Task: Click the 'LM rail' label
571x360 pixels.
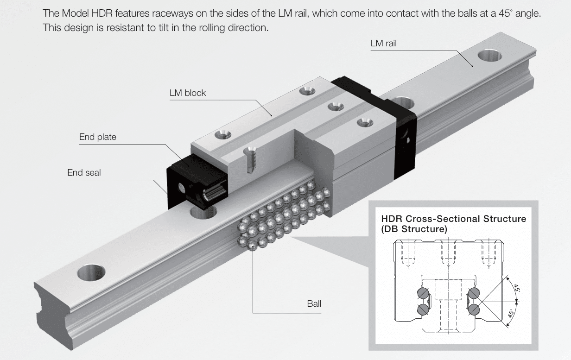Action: [383, 44]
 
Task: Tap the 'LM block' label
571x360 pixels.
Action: [188, 93]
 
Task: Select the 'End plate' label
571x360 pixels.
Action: [98, 137]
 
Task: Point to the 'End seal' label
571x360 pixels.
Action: [84, 173]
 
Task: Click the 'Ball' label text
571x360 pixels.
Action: [314, 303]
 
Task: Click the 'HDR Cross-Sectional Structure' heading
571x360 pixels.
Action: [454, 219]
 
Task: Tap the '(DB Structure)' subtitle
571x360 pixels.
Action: [414, 229]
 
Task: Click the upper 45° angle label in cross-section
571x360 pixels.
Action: [517, 288]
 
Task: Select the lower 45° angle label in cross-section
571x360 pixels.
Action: [511, 314]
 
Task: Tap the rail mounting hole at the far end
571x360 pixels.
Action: [489, 56]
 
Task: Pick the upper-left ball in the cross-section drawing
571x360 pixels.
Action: [423, 293]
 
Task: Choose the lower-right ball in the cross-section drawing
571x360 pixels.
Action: [474, 309]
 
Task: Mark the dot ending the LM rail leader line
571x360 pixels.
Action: [472, 66]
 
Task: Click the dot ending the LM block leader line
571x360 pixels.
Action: [272, 115]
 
